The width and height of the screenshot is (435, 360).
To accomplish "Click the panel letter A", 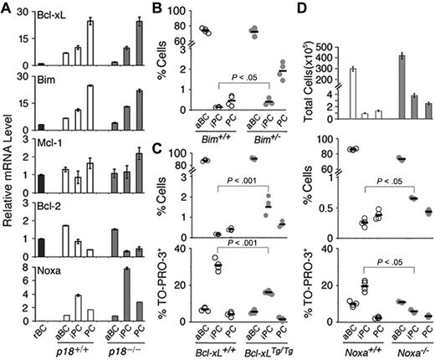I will coord(7,8).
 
